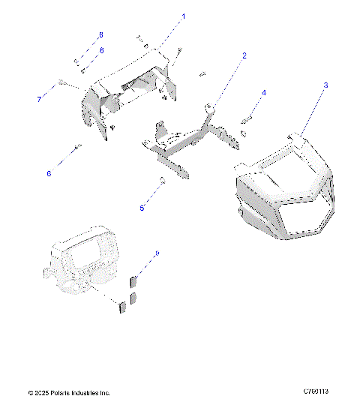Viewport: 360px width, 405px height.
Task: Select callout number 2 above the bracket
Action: (244, 55)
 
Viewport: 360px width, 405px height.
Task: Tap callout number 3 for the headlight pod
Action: (325, 85)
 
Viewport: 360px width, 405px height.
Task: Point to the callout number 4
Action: (263, 93)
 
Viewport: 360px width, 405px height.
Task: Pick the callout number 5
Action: (142, 208)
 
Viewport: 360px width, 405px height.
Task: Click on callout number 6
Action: (49, 173)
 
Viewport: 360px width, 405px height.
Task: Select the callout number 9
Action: (157, 254)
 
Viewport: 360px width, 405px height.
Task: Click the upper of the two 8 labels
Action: (101, 35)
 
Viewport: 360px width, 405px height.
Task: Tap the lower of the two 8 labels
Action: (101, 49)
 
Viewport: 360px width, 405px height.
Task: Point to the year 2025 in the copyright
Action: (42, 392)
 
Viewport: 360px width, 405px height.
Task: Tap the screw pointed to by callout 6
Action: (77, 147)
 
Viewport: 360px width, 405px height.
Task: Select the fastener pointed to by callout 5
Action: (161, 180)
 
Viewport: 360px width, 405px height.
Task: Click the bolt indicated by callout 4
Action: (247, 118)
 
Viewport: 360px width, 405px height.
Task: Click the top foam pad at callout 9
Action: (135, 282)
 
